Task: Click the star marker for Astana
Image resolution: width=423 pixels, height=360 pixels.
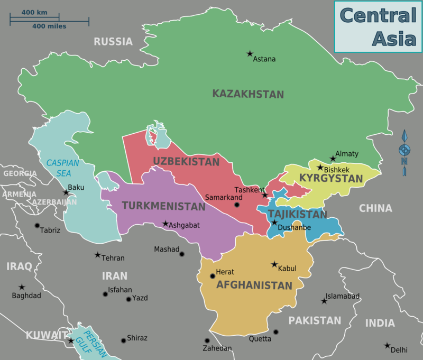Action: coord(250,53)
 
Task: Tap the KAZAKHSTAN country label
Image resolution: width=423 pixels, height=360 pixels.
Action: coord(248,95)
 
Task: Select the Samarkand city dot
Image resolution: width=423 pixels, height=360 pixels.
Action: coord(237,205)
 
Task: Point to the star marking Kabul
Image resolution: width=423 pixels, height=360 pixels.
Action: coord(274,264)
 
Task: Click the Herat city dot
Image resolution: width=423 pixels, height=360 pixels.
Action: coord(213,276)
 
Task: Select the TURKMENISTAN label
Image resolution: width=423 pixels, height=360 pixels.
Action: coord(163,206)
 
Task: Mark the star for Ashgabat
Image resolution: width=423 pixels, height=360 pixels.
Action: coord(165,224)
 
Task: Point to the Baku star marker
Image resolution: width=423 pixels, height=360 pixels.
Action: coord(66,192)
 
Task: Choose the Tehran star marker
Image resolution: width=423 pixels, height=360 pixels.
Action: coord(97,255)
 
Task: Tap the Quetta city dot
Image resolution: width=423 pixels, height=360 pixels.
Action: coord(275,332)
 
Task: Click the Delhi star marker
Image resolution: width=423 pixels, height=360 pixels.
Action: coord(387,345)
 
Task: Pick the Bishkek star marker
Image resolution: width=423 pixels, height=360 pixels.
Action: coord(320,167)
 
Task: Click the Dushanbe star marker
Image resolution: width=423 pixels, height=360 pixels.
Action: coord(274,223)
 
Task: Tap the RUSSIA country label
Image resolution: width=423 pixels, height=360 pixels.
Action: coord(113,42)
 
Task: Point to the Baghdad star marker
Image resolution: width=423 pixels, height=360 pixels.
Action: coord(22,287)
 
